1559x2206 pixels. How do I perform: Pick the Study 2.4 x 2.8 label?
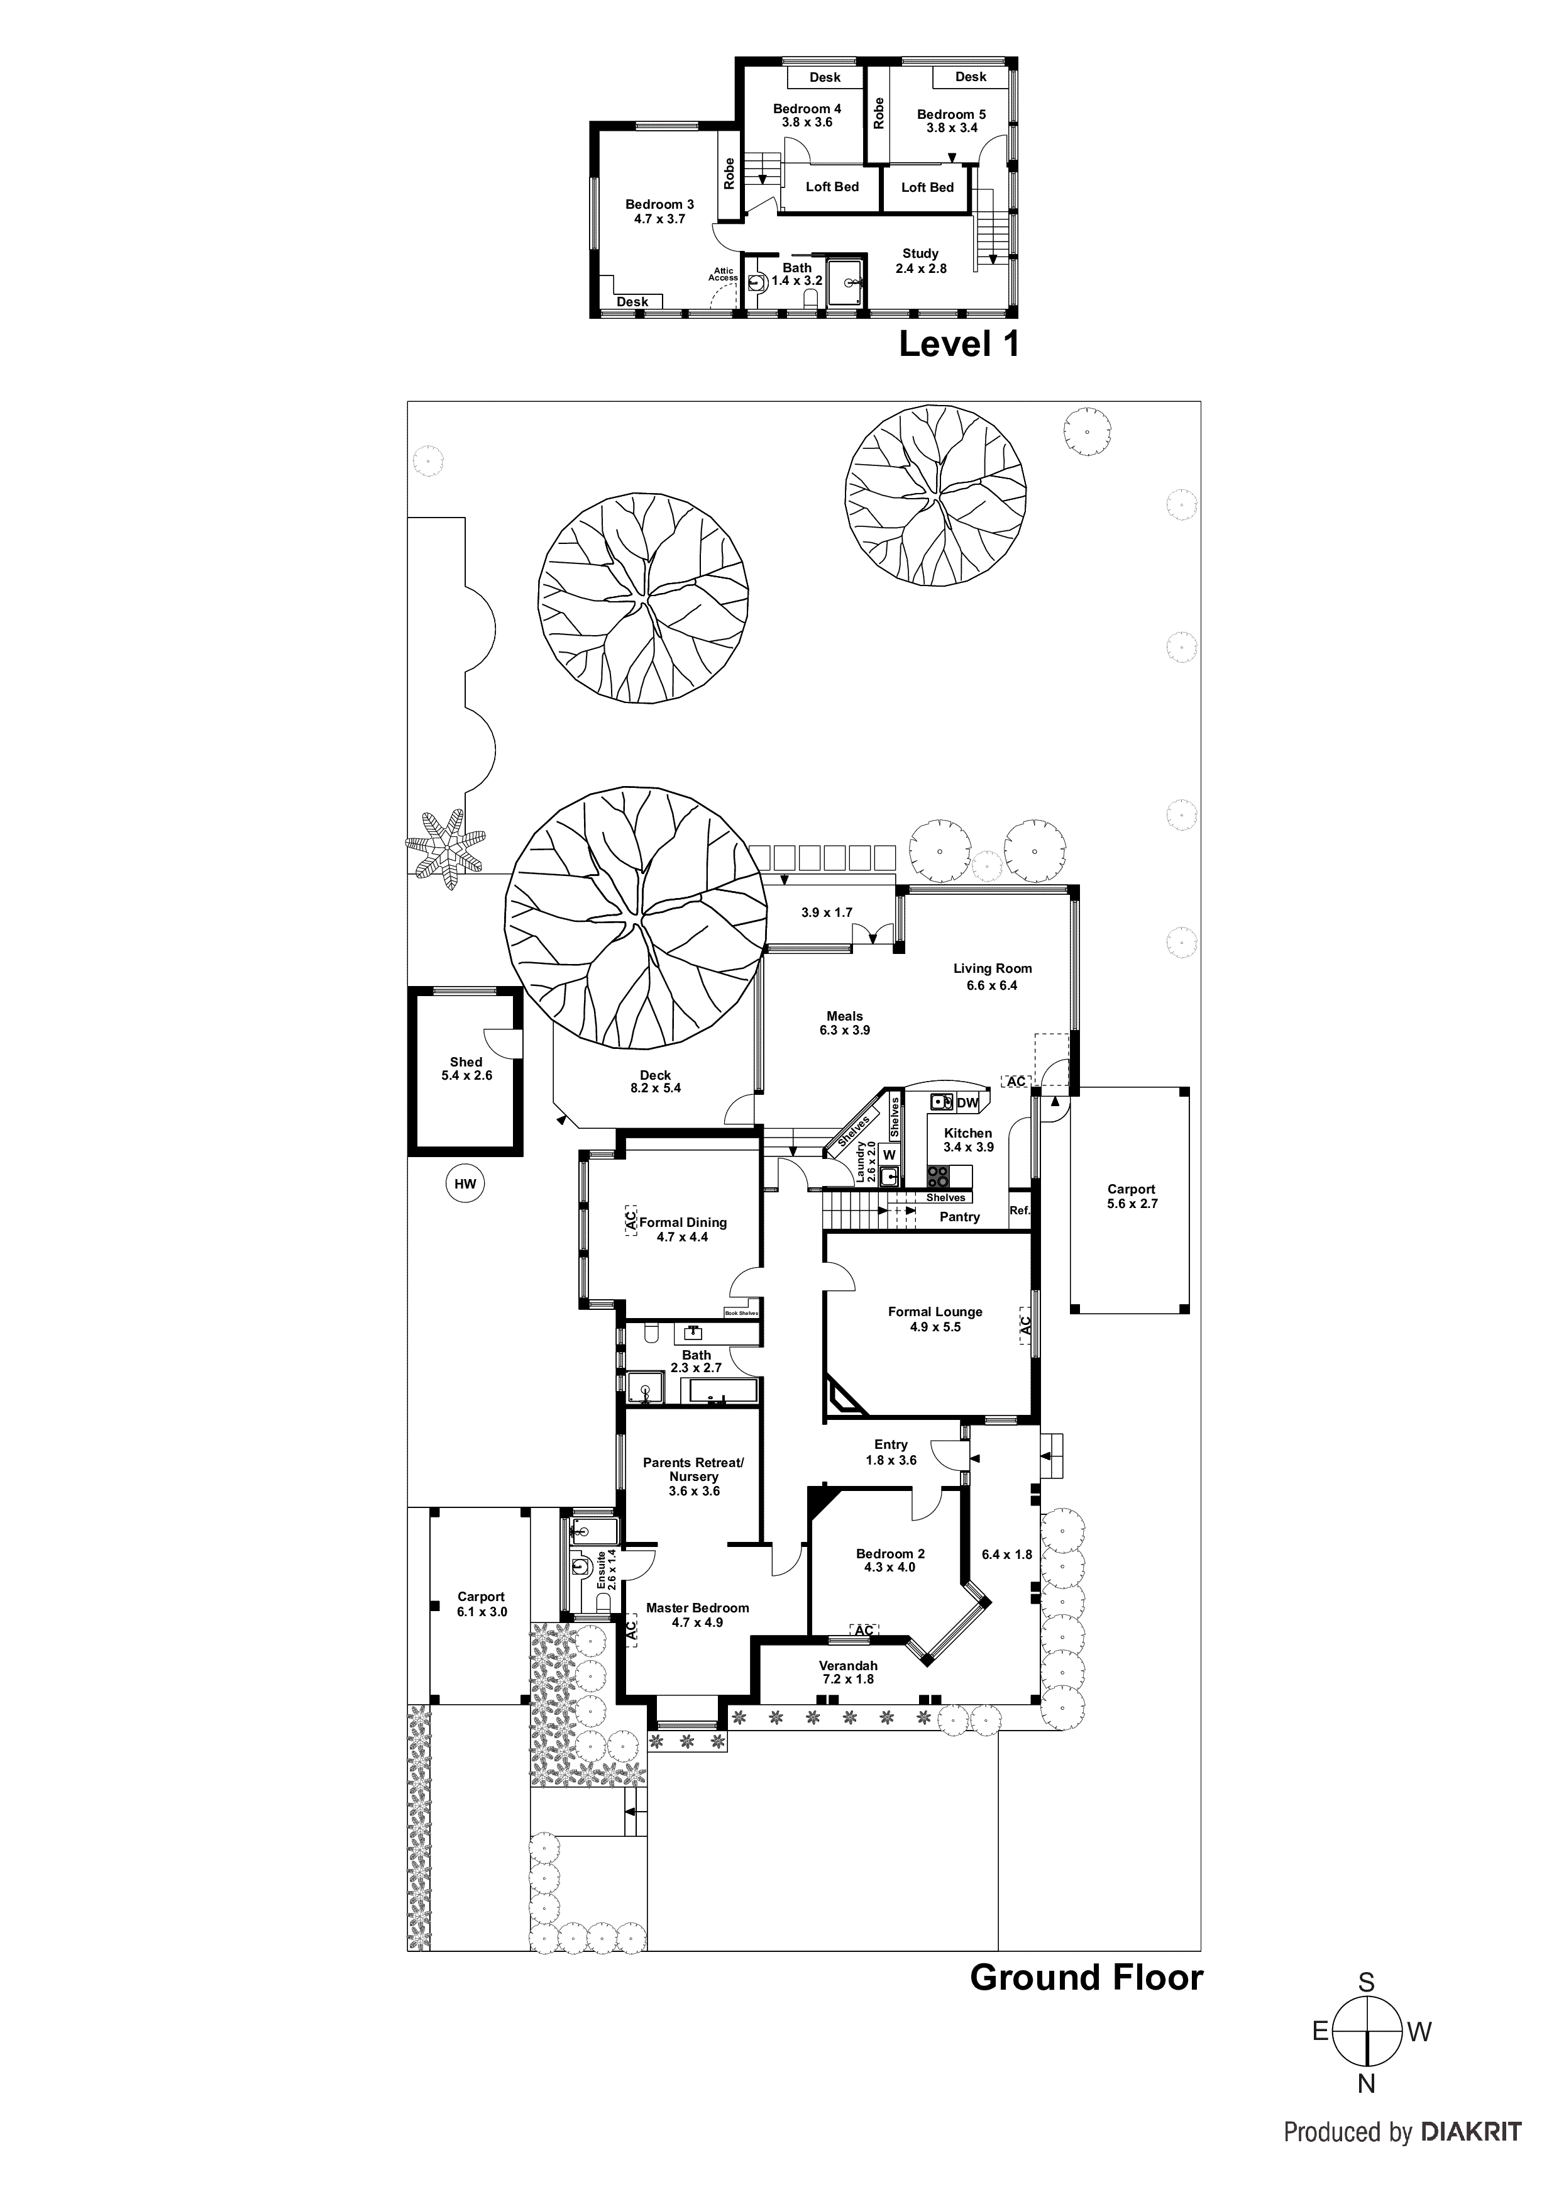click(x=920, y=260)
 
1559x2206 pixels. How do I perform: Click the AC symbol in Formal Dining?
click(x=631, y=1220)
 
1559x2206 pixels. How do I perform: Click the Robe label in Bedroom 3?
click(x=729, y=173)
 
